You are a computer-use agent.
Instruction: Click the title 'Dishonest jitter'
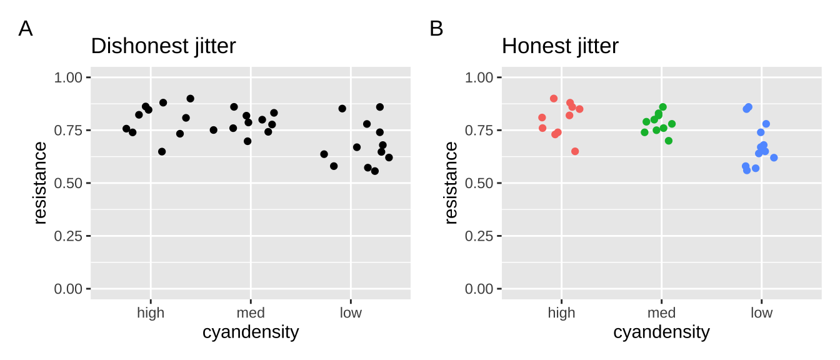click(163, 46)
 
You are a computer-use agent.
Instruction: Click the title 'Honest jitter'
click(560, 46)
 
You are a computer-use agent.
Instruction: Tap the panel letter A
click(26, 29)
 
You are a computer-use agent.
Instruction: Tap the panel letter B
click(436, 29)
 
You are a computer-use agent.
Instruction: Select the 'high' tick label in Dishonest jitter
click(151, 313)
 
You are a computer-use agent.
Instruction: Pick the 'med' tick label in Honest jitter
click(661, 313)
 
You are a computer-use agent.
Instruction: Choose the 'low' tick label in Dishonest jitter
click(351, 313)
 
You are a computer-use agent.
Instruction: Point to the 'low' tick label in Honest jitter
click(761, 313)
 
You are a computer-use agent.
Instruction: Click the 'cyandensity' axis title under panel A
click(251, 332)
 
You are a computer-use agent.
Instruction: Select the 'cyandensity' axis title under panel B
click(661, 332)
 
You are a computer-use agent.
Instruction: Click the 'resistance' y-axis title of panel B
click(451, 182)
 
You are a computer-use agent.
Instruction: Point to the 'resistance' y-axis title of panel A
click(40, 182)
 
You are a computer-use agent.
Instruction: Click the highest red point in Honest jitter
click(554, 99)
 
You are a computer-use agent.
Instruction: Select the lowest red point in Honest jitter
click(575, 151)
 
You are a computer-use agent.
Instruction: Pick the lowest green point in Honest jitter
click(669, 141)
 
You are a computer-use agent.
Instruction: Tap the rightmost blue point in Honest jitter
click(774, 157)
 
